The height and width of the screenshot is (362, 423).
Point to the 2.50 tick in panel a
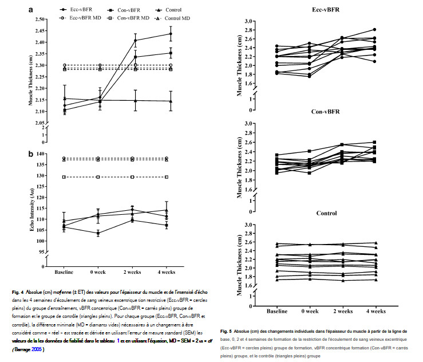(x=40, y=19)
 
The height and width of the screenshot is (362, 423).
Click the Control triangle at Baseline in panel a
(x=64, y=99)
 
